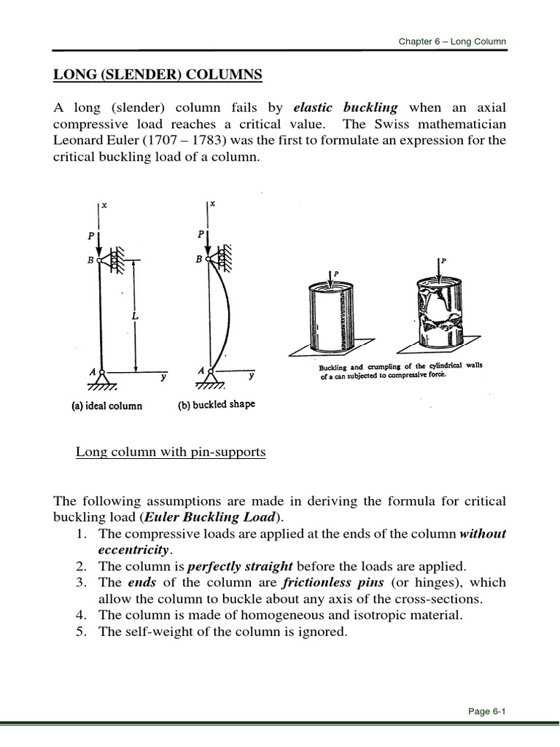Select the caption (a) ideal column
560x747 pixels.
(106, 406)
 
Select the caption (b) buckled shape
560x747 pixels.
(217, 405)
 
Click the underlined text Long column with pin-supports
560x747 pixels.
(171, 452)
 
